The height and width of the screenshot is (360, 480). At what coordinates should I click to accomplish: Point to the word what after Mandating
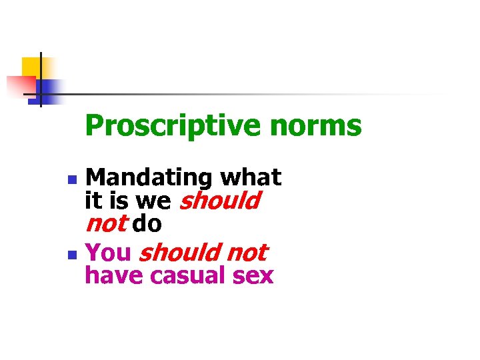(x=251, y=177)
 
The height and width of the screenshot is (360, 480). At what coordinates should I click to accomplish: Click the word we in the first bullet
(x=154, y=201)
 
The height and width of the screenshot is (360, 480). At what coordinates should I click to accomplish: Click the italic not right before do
(x=105, y=223)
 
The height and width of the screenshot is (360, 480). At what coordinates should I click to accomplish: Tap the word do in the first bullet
(x=147, y=224)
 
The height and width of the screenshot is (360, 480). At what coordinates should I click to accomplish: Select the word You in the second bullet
(x=109, y=253)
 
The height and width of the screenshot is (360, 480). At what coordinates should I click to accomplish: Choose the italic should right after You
(x=179, y=253)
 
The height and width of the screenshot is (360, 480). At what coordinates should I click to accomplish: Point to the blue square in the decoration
(x=48, y=89)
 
